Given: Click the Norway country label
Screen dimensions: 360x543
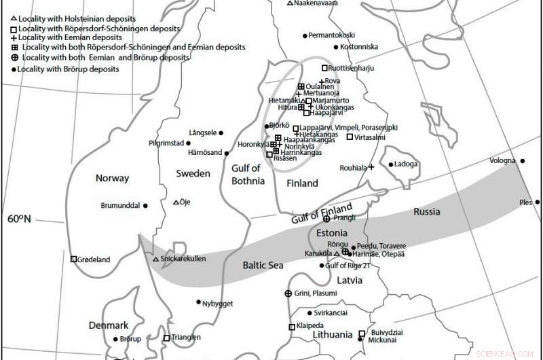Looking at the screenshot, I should (113, 179).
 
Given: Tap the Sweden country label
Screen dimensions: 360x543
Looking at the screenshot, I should (193, 174).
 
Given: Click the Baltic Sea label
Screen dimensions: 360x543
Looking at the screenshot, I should (263, 266).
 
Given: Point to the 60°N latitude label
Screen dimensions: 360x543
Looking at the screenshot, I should (20, 219).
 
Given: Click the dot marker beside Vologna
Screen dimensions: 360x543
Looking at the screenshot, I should (522, 161).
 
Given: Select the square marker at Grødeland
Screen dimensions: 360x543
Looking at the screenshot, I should (73, 259).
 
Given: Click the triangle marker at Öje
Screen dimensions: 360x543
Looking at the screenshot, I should (176, 202).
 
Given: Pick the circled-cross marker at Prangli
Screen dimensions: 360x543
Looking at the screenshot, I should (326, 219).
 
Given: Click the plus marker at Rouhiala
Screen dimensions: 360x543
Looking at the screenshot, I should (371, 167).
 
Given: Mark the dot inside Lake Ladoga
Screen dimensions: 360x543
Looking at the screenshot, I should (390, 164).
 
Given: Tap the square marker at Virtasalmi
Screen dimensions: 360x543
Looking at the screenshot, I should (350, 137).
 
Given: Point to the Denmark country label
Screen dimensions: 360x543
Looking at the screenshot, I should (109, 325).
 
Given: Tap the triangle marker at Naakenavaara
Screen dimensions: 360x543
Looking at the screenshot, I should (290, 3).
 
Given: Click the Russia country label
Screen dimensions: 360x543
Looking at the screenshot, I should (426, 212).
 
